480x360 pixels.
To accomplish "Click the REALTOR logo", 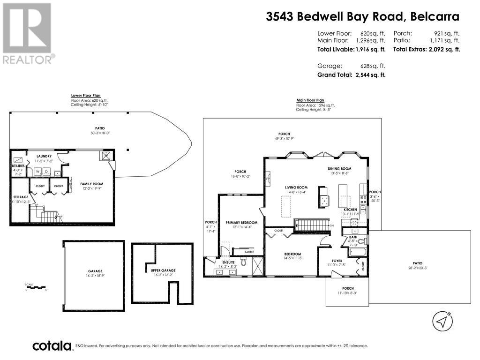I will click(x=27, y=33).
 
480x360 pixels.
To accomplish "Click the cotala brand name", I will click(x=52, y=346).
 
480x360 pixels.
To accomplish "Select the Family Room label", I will click(x=91, y=184).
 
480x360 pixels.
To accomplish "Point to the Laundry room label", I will click(x=44, y=156).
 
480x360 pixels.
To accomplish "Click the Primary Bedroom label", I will click(x=241, y=222).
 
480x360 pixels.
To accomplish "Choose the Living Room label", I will click(x=296, y=187).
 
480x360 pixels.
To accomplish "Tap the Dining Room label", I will click(x=339, y=169).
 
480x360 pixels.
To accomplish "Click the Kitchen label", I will click(x=350, y=210).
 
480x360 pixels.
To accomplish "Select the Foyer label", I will click(x=337, y=261).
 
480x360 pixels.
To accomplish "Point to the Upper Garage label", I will click(x=162, y=271).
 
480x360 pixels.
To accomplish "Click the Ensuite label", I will click(x=228, y=262).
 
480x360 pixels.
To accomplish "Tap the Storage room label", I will click(x=20, y=197).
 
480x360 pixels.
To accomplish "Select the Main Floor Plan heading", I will click(x=310, y=100).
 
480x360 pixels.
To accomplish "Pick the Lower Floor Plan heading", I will click(x=85, y=95).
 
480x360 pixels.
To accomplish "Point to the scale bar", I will click(x=36, y=287).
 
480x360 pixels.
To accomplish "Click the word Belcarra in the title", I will click(x=435, y=17).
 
